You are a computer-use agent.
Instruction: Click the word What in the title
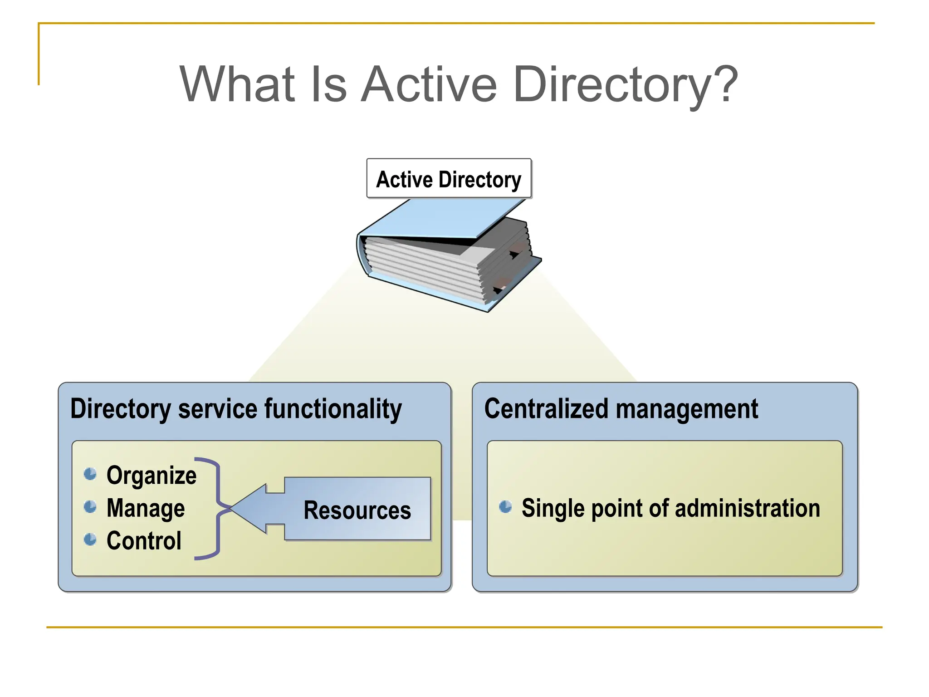tap(238, 84)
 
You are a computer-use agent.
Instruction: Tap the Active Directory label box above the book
tap(449, 179)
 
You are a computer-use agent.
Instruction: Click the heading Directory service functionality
tap(236, 409)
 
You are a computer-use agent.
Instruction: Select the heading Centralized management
tap(621, 409)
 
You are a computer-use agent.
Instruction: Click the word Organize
tap(152, 476)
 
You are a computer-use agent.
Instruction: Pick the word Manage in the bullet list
tap(146, 508)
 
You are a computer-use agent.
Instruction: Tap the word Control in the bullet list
tap(144, 541)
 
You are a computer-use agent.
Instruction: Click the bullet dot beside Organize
tap(90, 474)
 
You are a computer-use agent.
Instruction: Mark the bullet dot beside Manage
tap(90, 507)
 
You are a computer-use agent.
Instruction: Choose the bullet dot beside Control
tap(90, 540)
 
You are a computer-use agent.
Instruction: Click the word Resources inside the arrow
tap(357, 510)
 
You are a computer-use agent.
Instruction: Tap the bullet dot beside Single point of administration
tap(505, 507)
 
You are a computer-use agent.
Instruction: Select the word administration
tap(748, 508)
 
